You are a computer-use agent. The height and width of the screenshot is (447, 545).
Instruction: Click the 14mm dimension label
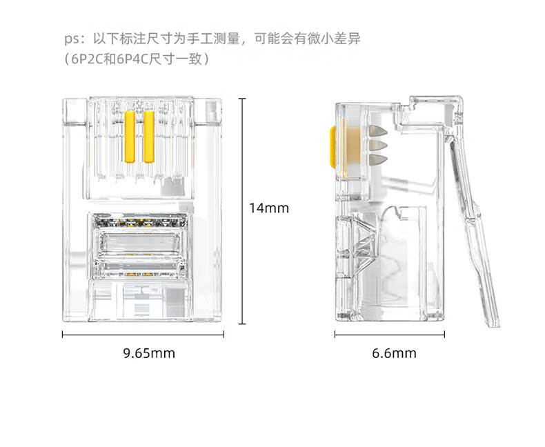pos(269,208)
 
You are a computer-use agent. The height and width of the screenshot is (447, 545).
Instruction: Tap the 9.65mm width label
pos(149,353)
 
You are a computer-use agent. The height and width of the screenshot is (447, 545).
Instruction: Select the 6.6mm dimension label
pos(394,353)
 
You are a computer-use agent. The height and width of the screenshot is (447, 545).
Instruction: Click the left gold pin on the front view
pos(130,137)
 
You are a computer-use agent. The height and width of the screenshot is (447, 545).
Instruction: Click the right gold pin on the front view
pos(149,137)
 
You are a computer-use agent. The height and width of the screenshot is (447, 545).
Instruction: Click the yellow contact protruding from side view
pos(333,147)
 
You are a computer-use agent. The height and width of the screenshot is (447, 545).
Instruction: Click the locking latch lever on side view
pos(475,230)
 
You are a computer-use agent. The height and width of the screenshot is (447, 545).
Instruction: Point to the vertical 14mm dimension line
pos(242,211)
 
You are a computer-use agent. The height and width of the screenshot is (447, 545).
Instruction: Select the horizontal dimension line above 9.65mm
pos(143,335)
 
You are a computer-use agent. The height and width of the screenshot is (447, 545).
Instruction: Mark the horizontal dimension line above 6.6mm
pos(390,335)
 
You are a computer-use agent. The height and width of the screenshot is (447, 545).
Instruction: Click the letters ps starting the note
pos(72,39)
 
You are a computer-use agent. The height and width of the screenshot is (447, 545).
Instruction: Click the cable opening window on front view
pos(140,246)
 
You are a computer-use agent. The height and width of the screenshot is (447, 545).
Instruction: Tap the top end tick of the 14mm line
pos(242,99)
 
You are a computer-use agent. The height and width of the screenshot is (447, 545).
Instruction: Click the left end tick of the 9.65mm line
pos(63,335)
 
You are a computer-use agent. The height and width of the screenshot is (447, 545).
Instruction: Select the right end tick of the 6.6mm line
pos(444,335)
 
